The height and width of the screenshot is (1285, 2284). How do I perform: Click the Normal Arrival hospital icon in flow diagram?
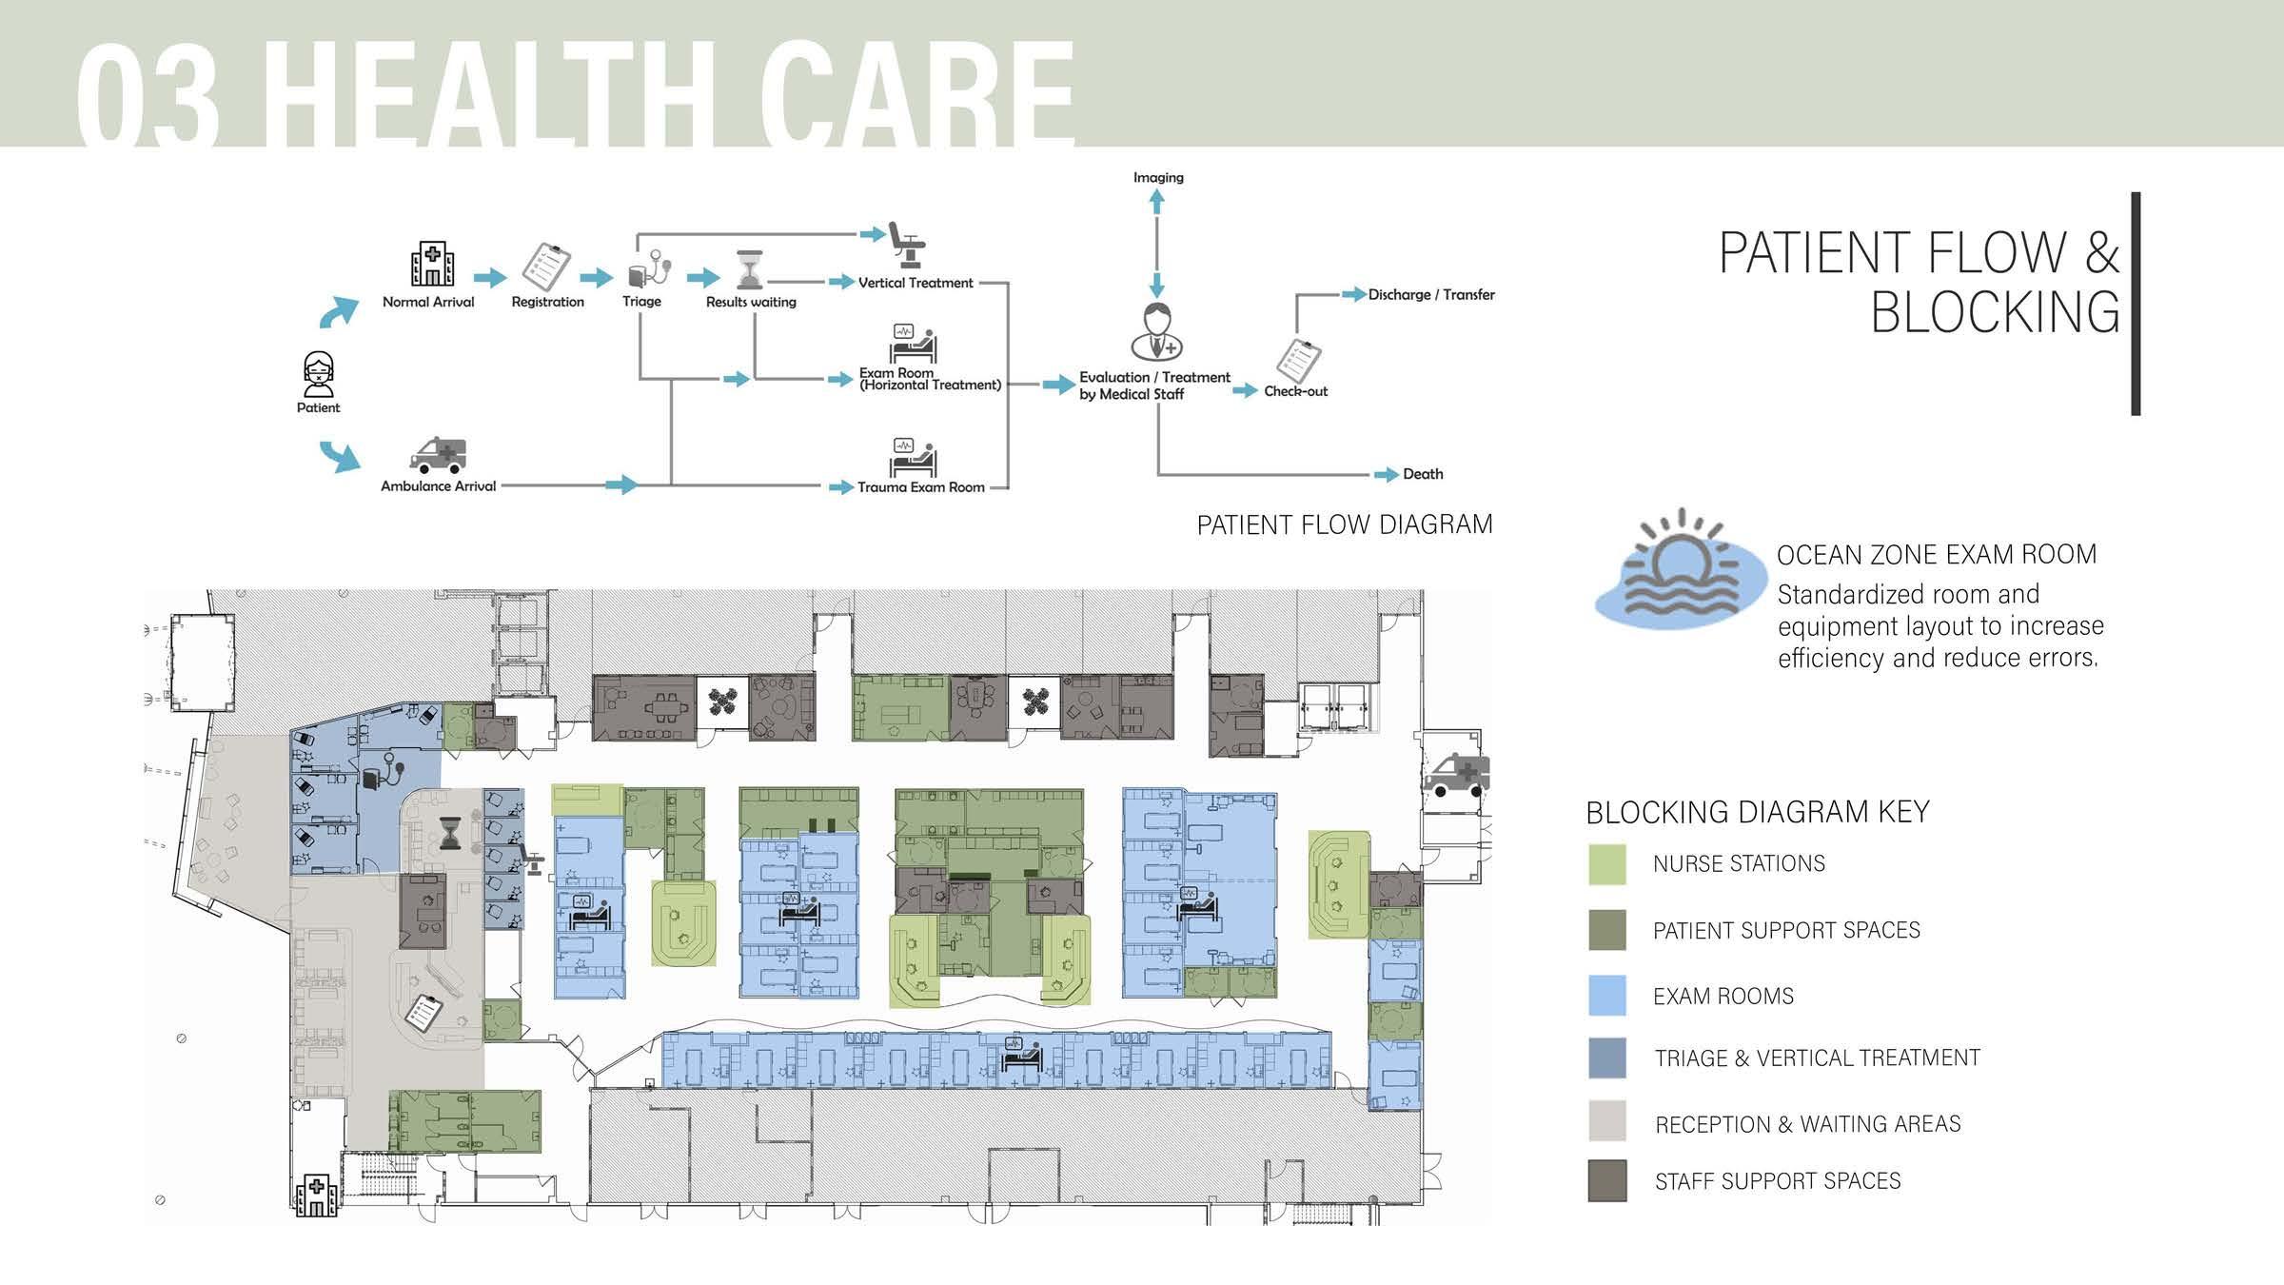pos(432,264)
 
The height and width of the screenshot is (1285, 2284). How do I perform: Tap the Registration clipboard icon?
pos(547,267)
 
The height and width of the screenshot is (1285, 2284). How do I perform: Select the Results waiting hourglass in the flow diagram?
pos(751,269)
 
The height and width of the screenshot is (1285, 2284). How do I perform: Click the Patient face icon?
pos(318,374)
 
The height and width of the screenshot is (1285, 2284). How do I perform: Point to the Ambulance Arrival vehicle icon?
pos(438,455)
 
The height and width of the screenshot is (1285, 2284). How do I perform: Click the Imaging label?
pos(1158,177)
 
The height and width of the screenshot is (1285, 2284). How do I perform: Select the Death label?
pos(1423,474)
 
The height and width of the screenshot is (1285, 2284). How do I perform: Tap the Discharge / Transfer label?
pos(1431,295)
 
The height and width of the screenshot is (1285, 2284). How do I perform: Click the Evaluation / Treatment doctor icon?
pos(1156,332)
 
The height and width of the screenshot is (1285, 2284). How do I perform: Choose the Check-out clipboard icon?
pos(1298,361)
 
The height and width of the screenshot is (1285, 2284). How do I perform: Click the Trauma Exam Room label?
pos(920,487)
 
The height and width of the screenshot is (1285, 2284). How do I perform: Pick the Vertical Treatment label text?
pos(916,283)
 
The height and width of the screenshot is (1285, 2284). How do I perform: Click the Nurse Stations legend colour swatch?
pos(1607,864)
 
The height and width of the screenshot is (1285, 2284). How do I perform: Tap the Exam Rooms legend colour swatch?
pos(1607,996)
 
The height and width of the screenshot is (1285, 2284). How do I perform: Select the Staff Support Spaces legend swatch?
pos(1607,1180)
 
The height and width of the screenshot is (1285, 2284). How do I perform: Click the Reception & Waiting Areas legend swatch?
pos(1607,1121)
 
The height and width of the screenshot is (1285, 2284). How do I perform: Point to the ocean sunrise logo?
pos(1680,571)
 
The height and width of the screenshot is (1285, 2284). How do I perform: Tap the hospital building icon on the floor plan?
pos(316,1195)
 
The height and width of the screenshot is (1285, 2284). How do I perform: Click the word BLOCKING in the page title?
pos(1996,312)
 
